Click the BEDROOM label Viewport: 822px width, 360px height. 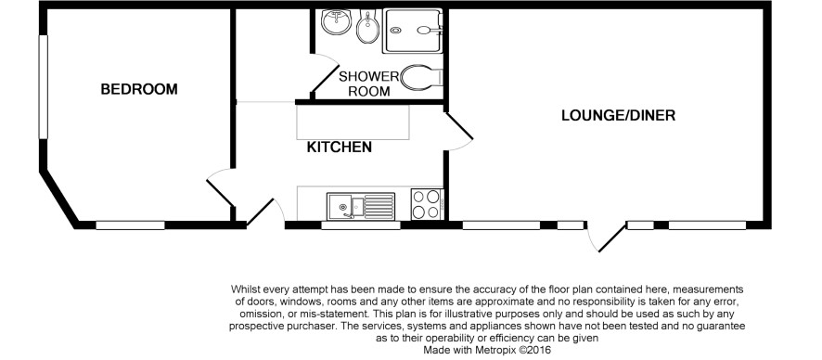tap(139, 89)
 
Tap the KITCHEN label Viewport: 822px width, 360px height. tap(340, 148)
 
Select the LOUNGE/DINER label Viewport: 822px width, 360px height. tap(618, 115)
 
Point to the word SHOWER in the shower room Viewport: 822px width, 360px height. tap(368, 76)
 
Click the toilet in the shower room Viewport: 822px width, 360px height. tap(422, 78)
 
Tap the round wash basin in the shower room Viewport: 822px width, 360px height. tap(336, 22)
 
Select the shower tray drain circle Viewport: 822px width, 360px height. tap(396, 31)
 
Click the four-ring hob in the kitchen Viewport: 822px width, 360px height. tap(426, 204)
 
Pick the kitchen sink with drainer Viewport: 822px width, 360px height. tap(361, 205)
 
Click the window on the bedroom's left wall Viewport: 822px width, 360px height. tap(44, 87)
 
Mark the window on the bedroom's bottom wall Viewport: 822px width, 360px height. tap(130, 225)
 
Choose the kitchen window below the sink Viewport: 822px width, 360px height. tap(361, 225)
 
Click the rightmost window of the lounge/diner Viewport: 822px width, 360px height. tap(707, 225)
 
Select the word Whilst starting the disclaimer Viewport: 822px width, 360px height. tap(245, 289)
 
